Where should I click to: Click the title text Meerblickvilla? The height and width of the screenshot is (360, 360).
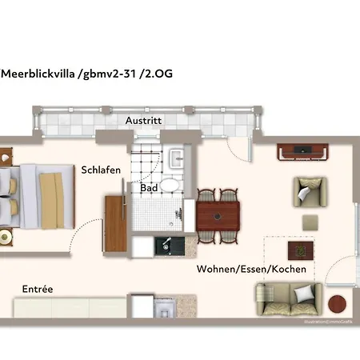click(x=37, y=74)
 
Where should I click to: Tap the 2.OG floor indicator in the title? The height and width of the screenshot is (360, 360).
click(x=158, y=74)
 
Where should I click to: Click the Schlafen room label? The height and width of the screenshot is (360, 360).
click(x=101, y=170)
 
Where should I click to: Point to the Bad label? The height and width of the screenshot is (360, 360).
click(x=149, y=190)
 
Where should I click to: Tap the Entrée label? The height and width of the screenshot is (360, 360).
click(x=38, y=289)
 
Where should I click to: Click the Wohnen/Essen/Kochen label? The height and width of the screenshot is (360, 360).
click(x=251, y=270)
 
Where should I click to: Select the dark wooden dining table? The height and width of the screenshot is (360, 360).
click(x=218, y=214)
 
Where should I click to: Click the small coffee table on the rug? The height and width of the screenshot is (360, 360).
click(x=301, y=250)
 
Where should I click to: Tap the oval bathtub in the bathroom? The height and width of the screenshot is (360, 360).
click(x=171, y=186)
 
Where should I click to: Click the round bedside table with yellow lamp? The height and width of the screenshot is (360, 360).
click(x=7, y=238)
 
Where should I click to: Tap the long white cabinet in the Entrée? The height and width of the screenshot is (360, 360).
click(x=68, y=307)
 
